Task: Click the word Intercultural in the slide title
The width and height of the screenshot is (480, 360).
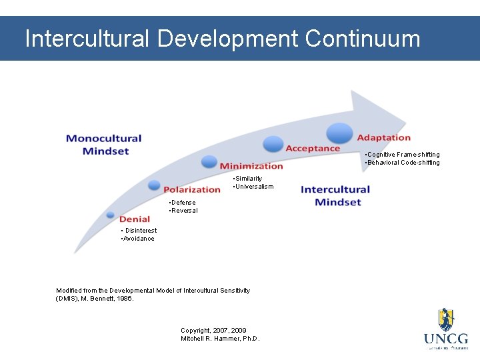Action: click(x=87, y=39)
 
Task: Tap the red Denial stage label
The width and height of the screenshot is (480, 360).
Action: click(x=135, y=219)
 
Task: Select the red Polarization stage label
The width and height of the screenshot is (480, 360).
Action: click(x=192, y=190)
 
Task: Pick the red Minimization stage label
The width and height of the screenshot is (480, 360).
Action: click(x=251, y=166)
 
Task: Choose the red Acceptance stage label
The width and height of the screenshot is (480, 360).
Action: click(x=313, y=148)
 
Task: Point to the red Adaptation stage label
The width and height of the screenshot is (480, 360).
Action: click(x=384, y=137)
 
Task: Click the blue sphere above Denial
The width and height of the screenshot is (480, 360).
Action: click(x=111, y=215)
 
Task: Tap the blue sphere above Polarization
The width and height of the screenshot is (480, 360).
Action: click(x=154, y=185)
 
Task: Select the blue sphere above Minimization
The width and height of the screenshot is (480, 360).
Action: click(x=209, y=161)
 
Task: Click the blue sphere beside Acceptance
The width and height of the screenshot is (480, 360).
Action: click(x=273, y=143)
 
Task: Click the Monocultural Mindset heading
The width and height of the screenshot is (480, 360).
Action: click(x=104, y=145)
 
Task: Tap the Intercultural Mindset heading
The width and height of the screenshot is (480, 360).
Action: click(x=335, y=196)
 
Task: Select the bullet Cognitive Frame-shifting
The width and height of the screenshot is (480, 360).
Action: click(x=403, y=155)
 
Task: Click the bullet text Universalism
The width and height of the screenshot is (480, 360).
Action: click(x=253, y=187)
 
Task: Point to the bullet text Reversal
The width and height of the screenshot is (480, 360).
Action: click(x=184, y=211)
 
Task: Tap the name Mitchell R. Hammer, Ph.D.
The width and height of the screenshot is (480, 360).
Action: click(x=220, y=339)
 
